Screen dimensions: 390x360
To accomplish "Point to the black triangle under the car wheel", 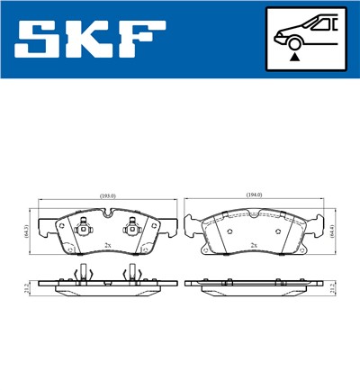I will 293,58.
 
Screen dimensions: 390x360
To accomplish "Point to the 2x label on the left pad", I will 107,244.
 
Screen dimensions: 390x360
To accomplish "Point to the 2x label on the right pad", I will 256,244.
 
